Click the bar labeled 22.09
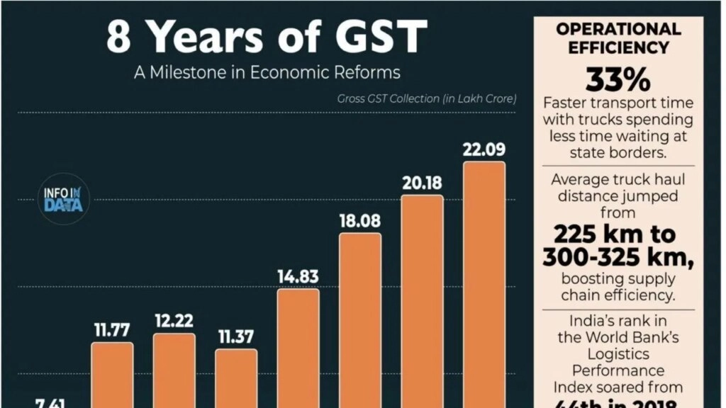[484, 283]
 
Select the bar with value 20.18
[423, 301]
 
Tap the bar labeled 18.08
[360, 319]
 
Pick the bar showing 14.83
[298, 347]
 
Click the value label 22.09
[484, 150]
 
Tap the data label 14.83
[298, 277]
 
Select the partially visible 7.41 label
[50, 403]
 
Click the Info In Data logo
[63, 200]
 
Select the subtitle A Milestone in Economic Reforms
[267, 72]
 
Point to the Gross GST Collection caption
[427, 98]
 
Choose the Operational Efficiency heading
[618, 38]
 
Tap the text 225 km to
[615, 234]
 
